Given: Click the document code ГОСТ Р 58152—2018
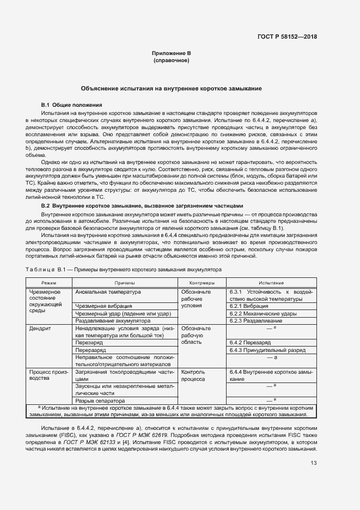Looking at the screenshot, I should pos(286,37).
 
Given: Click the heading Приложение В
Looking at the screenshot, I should pos(172,53).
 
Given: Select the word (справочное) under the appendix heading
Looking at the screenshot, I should pos(172,60).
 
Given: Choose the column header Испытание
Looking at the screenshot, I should pos(271,283).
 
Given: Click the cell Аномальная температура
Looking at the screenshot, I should pos(108,292).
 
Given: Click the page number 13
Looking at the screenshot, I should pos(313,463).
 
